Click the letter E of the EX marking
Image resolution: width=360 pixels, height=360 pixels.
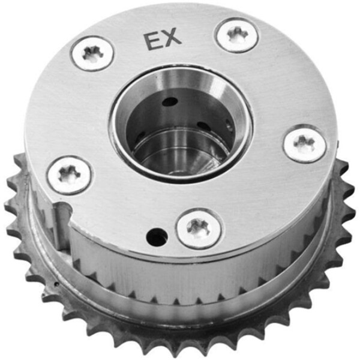coord(151,40)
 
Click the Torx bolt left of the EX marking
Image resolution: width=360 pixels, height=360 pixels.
coord(92,53)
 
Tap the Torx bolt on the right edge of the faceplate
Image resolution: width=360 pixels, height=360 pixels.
coord(305,145)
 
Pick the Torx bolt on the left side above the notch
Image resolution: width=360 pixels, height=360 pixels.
coord(69,175)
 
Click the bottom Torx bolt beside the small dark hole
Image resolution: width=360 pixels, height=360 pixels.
coord(199,228)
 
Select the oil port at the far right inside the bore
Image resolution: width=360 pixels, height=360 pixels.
coord(229,124)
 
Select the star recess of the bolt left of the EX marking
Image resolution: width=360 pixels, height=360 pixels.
coord(92,53)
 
